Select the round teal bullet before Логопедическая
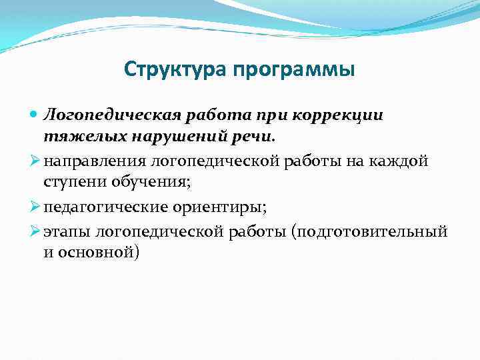point(35,115)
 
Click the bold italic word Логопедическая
point(119,115)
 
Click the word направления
point(95,161)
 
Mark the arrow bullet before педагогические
point(36,207)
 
